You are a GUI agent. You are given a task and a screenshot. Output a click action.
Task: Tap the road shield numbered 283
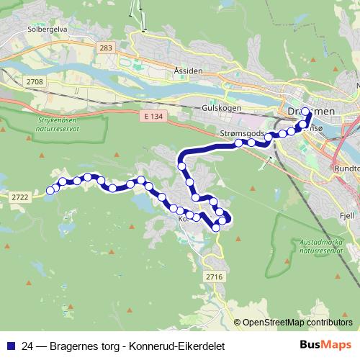point(107,48)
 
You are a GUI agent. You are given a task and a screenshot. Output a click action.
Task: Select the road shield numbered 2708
point(33,83)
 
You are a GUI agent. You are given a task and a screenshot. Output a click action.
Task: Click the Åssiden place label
point(188,71)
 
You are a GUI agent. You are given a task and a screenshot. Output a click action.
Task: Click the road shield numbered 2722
point(19,196)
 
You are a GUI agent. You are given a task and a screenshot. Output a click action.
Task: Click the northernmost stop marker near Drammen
point(305,112)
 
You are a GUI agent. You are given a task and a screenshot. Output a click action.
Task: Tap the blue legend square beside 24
point(8,346)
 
